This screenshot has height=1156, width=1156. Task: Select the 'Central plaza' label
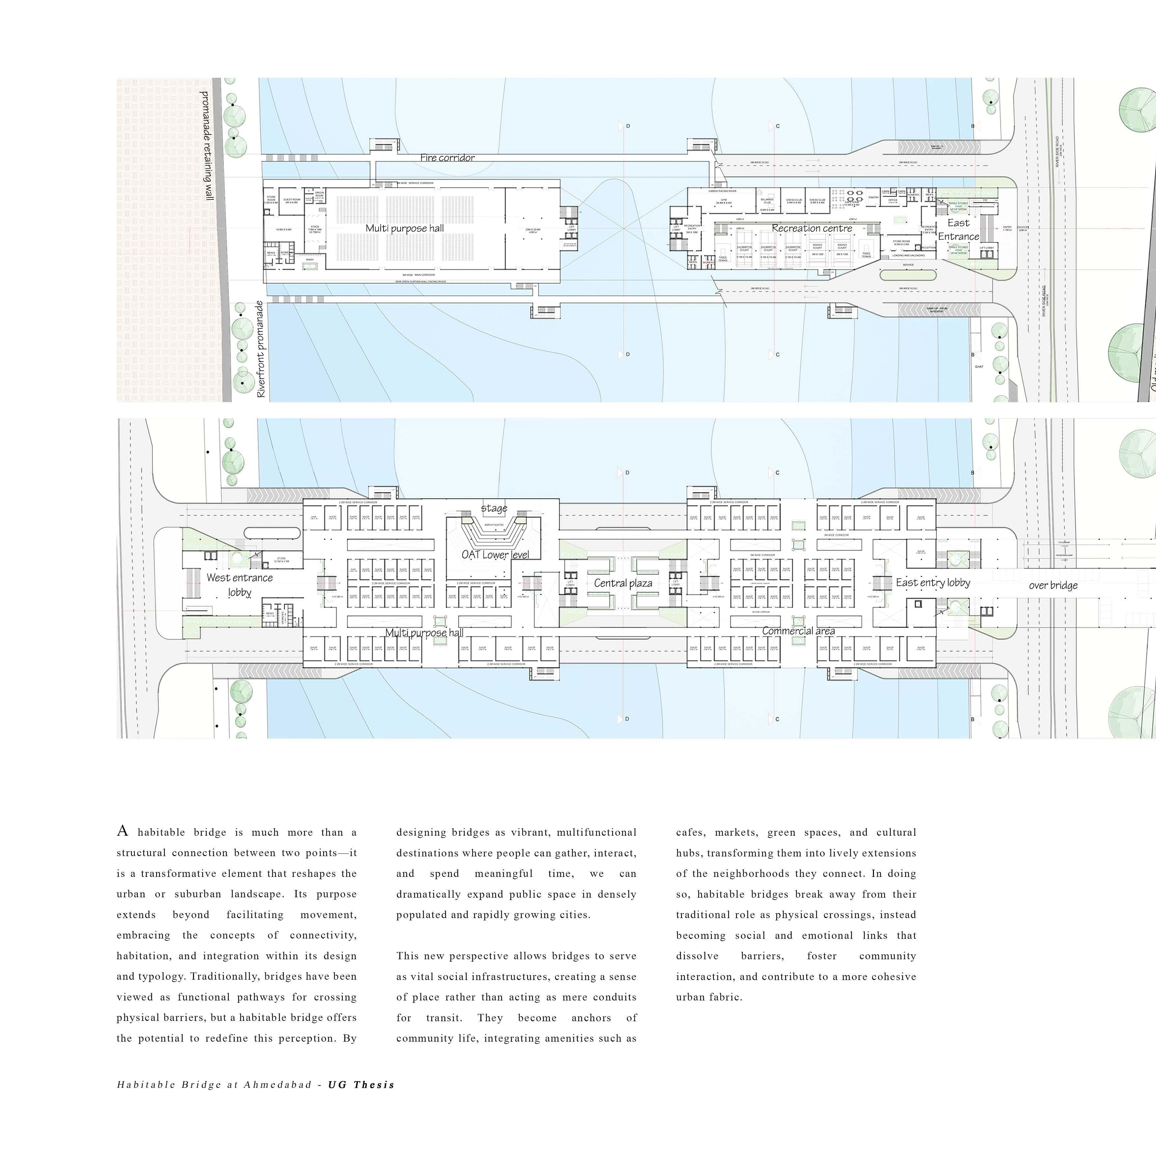click(x=623, y=583)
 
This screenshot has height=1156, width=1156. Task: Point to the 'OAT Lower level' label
click(x=495, y=555)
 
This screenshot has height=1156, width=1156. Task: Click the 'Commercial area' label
click(x=798, y=631)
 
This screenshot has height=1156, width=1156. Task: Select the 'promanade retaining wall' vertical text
click(x=206, y=145)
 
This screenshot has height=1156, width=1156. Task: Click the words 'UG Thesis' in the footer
click(x=361, y=1085)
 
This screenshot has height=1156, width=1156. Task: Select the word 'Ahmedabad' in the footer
click(x=278, y=1085)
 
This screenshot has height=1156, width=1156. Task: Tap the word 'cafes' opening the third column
click(x=690, y=832)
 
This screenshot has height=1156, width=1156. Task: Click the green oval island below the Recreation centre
click(x=907, y=275)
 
